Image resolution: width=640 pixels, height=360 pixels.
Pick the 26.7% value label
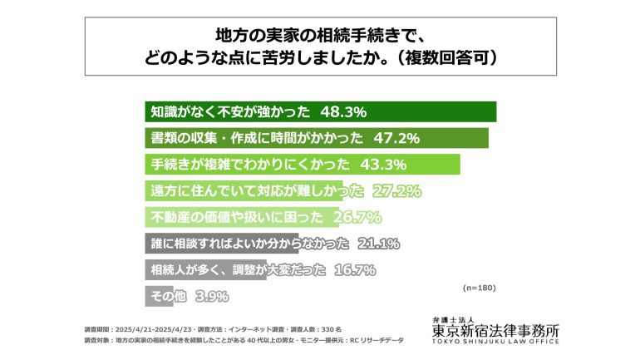[x=357, y=218]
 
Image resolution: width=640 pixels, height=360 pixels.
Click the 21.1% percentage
[x=377, y=244]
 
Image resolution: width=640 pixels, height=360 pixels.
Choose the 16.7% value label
[x=353, y=271]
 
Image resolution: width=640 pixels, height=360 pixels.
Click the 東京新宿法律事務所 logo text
[x=495, y=332]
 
